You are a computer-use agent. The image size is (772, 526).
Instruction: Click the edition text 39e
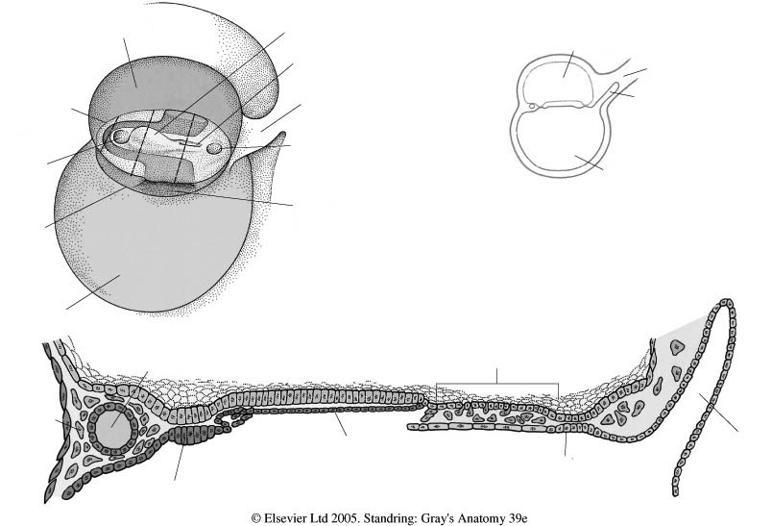(518, 518)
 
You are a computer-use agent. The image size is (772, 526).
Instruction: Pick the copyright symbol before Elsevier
(256, 518)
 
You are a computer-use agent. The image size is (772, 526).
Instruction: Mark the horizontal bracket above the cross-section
(497, 384)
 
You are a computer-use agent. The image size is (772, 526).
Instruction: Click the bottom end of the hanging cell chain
(676, 491)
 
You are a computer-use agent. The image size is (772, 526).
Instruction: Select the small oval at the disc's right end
(215, 147)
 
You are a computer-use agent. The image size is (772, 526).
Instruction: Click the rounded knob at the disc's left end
(119, 136)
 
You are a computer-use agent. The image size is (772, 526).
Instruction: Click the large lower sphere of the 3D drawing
(153, 246)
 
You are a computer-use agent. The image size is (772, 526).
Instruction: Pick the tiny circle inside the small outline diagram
(532, 106)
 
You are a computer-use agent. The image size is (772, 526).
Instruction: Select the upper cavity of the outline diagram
(557, 80)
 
